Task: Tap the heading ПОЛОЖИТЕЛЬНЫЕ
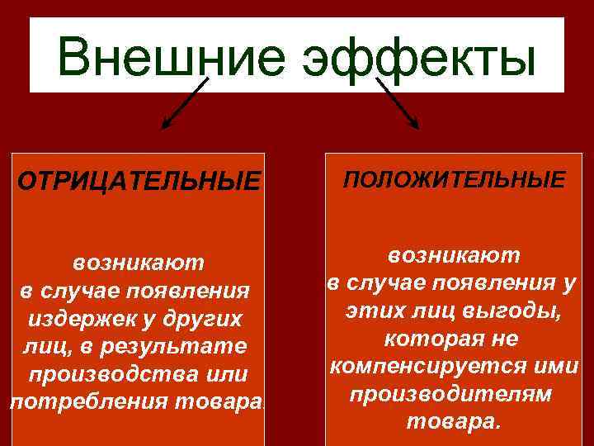point(455,179)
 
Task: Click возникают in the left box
point(138,263)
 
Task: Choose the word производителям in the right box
point(450,394)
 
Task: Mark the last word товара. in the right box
point(453,422)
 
